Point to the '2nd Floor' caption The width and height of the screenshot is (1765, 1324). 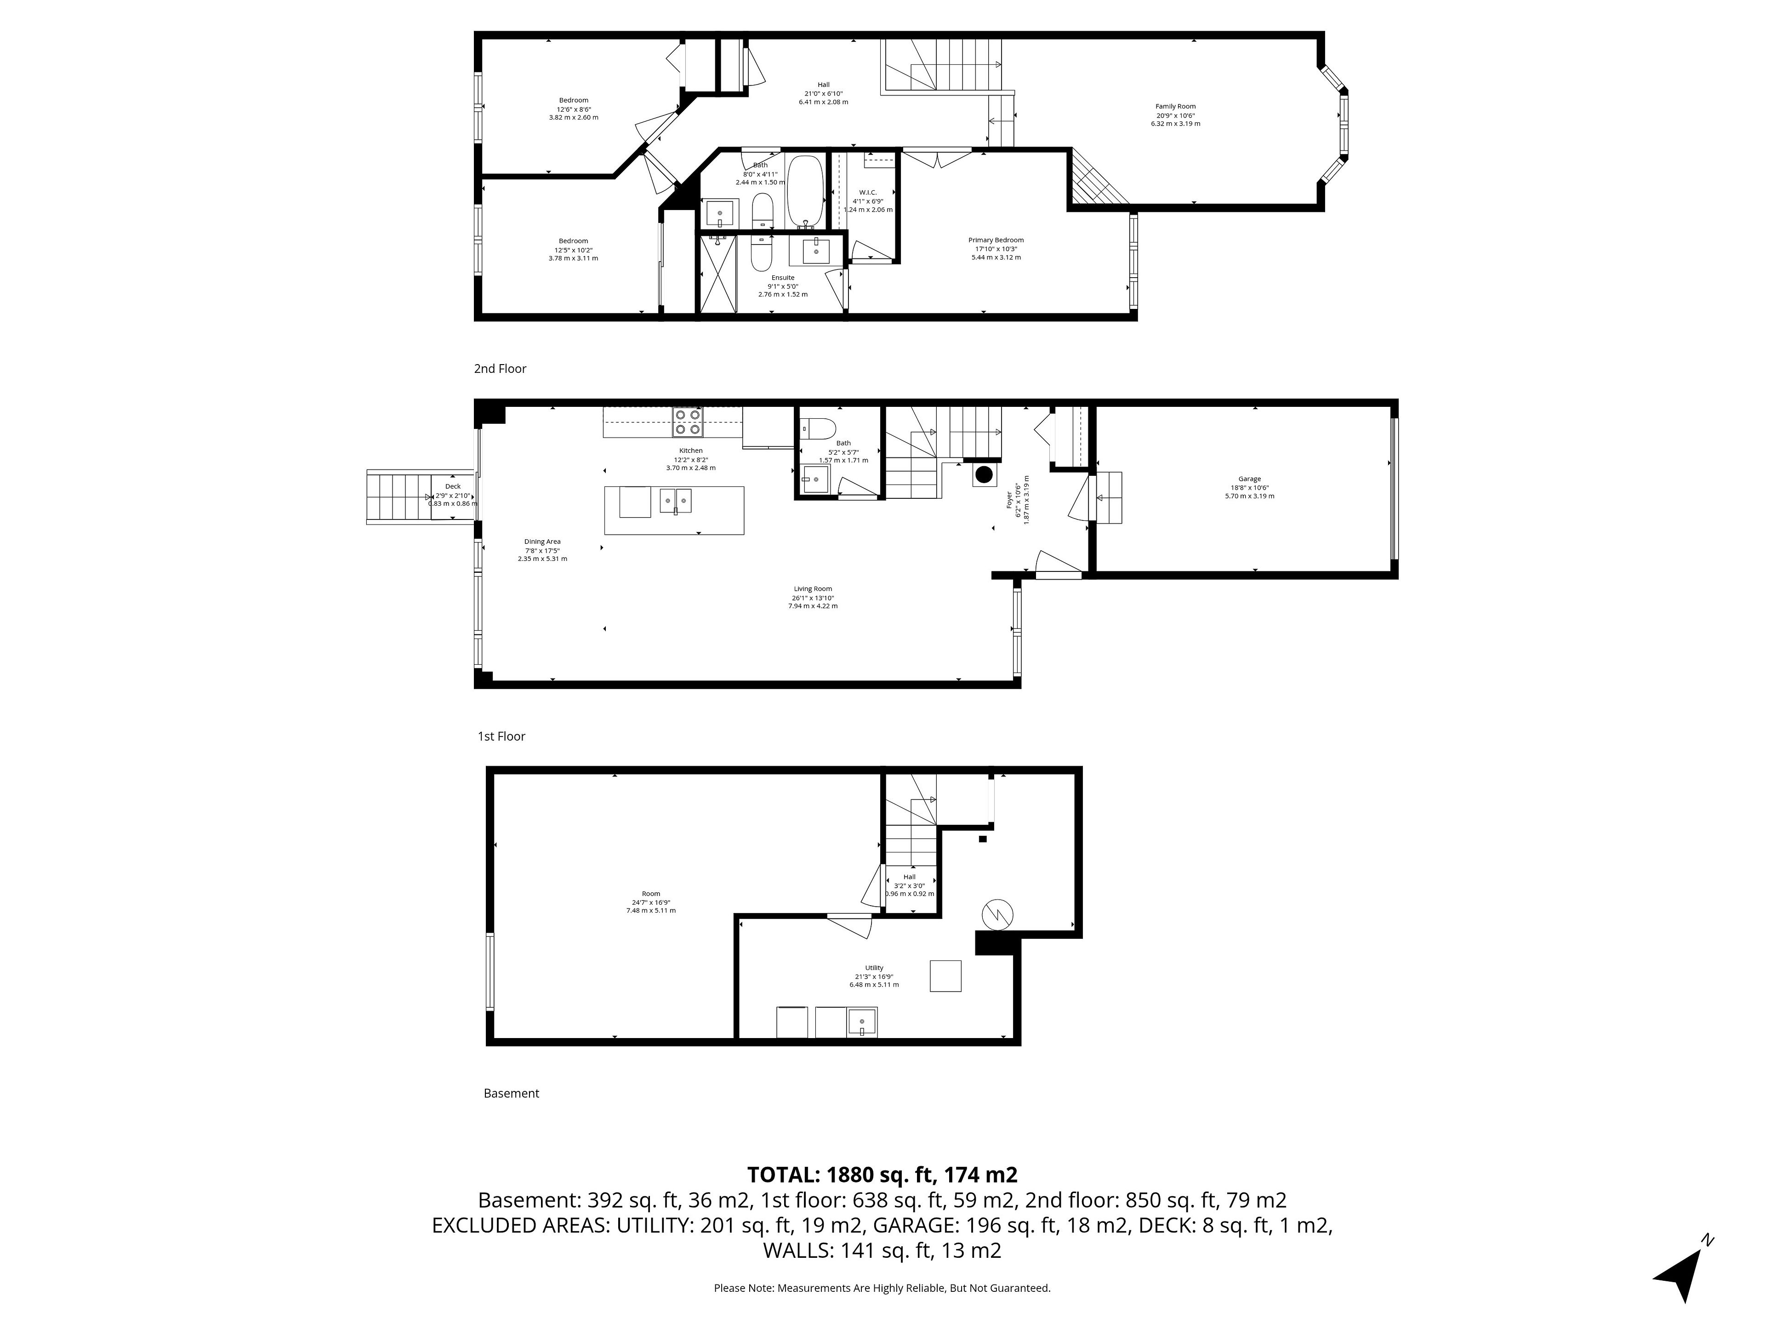[x=500, y=369]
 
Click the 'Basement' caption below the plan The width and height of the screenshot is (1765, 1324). [x=512, y=1093]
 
